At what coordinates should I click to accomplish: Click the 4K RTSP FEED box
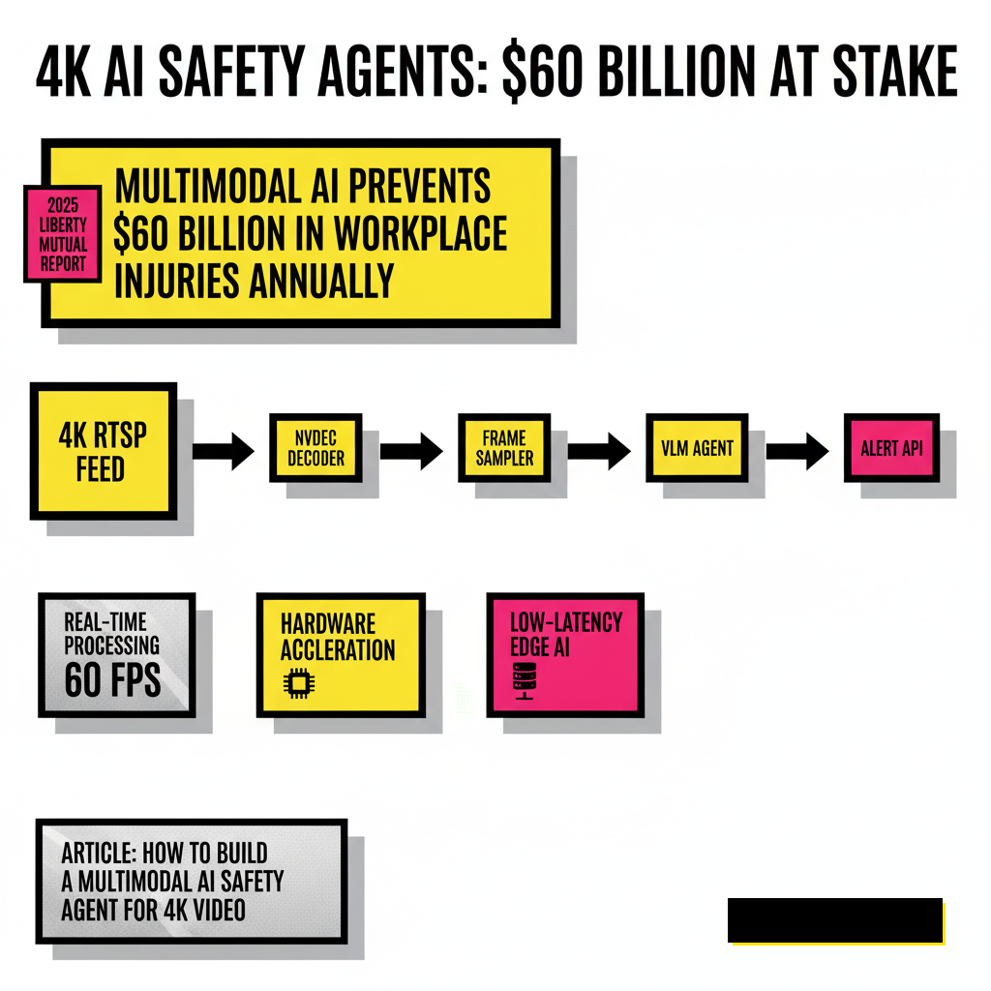coord(103,451)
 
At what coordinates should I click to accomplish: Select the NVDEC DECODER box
coord(316,447)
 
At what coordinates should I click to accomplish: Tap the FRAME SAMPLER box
coord(504,447)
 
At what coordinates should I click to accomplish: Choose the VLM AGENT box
coord(697,447)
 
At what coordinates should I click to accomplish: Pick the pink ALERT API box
coord(891,447)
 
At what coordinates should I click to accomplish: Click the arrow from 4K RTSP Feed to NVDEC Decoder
coord(224,451)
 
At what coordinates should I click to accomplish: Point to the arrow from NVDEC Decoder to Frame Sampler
coord(411,451)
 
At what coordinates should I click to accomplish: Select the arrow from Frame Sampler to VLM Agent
coord(599,451)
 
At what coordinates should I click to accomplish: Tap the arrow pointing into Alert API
coord(797,451)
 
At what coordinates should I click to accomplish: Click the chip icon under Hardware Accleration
coord(299,682)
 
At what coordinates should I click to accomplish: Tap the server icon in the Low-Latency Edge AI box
coord(525,681)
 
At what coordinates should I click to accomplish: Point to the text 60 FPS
coord(112,680)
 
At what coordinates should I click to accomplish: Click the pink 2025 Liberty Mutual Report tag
coord(63,234)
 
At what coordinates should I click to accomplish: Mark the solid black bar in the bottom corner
coord(835,920)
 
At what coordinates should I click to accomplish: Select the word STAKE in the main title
coord(895,71)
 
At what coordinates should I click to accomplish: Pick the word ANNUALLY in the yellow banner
coord(321,281)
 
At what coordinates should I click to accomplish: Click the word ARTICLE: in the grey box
coord(98,854)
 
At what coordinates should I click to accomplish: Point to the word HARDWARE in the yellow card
coord(328,624)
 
